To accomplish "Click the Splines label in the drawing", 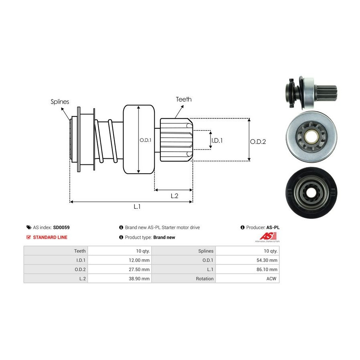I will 60,102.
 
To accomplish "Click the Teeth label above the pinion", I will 184,99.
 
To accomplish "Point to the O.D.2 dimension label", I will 258,141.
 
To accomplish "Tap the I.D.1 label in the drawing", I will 216,140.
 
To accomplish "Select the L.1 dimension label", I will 137,207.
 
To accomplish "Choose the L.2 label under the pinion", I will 174,196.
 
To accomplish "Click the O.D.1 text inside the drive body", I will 144,140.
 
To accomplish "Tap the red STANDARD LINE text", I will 50,237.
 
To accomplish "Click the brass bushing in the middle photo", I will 311,137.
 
